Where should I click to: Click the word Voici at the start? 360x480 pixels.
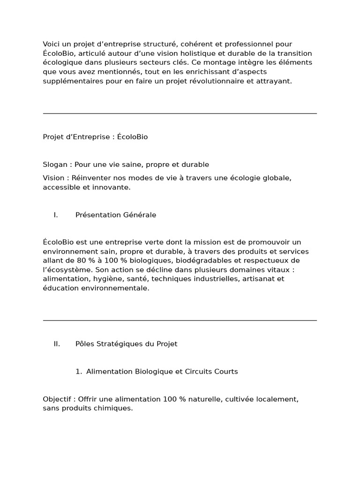click(52, 44)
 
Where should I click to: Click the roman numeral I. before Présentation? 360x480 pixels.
click(56, 215)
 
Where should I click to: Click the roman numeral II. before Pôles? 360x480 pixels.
click(57, 344)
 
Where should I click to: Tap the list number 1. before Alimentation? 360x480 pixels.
click(78, 372)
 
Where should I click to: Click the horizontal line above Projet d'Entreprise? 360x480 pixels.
click(180, 113)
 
